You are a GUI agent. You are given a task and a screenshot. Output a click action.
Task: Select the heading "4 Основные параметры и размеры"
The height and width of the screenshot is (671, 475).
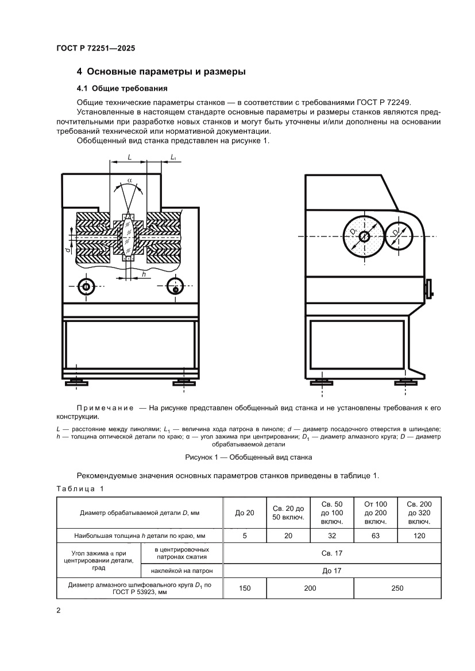point(161,72)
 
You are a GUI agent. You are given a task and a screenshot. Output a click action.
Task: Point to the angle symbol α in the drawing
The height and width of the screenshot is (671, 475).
point(130,180)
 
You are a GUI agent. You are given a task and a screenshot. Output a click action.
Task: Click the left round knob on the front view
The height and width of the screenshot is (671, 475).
point(86,286)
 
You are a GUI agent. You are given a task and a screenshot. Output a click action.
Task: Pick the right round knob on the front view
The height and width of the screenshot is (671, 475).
point(175,286)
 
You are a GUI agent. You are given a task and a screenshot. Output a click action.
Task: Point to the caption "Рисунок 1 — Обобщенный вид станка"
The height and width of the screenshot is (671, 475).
point(248,458)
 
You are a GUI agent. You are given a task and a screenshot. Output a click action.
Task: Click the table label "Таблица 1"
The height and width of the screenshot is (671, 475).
point(79,488)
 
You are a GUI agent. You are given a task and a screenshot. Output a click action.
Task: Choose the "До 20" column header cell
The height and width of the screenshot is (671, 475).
point(244,513)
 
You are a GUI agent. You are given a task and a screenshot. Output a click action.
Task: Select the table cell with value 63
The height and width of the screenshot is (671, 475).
point(375,536)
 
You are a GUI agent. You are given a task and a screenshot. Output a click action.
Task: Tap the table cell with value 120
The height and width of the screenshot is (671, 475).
point(419,536)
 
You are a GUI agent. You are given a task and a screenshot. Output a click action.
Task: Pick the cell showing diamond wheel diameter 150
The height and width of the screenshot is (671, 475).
point(244,588)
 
